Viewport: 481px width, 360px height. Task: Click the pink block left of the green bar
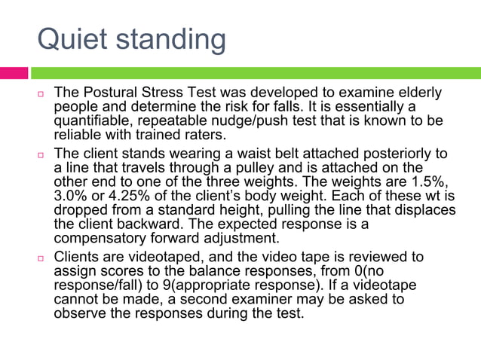pyautogui.click(x=14, y=73)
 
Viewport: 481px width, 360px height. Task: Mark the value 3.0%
pyautogui.click(x=72, y=197)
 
